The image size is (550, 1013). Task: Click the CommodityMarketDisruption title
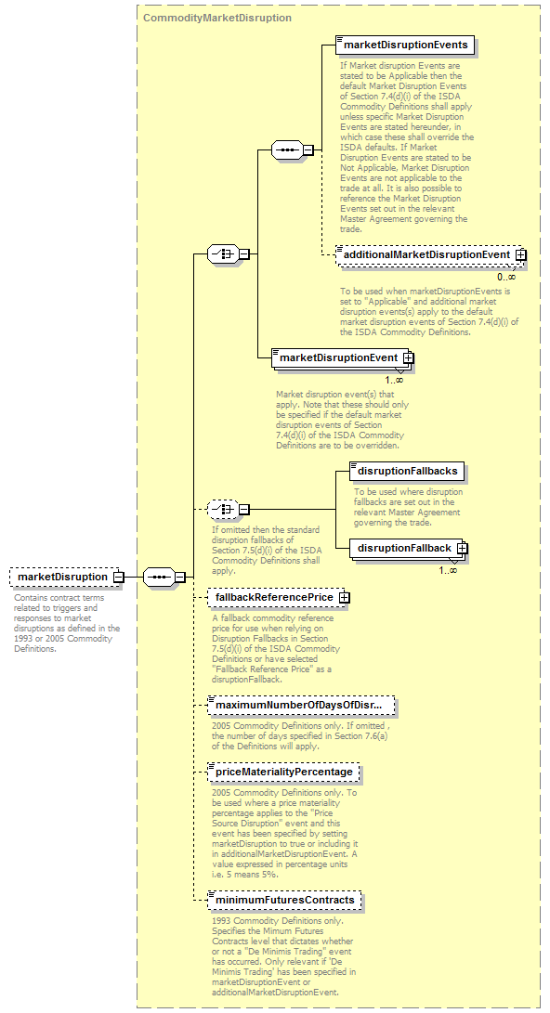[217, 18]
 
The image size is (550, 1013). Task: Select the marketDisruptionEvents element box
[405, 45]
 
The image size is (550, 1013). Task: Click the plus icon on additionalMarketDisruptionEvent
[521, 255]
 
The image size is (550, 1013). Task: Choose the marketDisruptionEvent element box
[343, 357]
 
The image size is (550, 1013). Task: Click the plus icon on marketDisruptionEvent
[408, 357]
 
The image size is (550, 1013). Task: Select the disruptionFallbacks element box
[407, 471]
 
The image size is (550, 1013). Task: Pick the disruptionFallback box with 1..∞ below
[409, 549]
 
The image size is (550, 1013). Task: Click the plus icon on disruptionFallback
[462, 549]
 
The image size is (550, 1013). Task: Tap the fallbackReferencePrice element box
[279, 598]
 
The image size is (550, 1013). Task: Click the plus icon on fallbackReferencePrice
[344, 598]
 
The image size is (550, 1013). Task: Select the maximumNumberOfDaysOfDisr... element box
[301, 705]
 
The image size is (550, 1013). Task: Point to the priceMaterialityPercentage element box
[283, 772]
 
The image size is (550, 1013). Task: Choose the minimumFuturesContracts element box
[284, 900]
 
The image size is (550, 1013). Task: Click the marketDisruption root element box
[67, 577]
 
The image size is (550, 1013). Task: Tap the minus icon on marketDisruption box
[118, 577]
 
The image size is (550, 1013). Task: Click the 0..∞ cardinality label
[506, 277]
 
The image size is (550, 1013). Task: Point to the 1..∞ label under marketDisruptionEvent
[394, 380]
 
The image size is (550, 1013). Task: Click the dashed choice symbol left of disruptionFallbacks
[223, 509]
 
